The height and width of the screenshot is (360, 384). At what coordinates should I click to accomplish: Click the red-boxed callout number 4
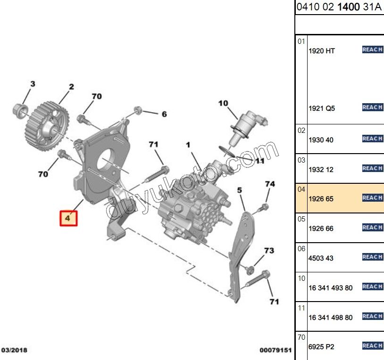tap(67, 219)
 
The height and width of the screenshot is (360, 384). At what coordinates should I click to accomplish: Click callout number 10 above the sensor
tap(223, 103)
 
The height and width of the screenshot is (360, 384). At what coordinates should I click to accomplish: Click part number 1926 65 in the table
tap(321, 199)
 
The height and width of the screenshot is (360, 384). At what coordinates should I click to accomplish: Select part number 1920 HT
tap(321, 51)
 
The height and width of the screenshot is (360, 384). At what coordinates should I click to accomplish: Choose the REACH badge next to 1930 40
tap(372, 139)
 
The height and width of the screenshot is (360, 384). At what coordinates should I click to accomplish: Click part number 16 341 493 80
tap(330, 288)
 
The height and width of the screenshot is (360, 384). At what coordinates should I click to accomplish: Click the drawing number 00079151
tap(275, 350)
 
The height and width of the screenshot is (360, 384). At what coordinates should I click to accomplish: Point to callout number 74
tap(269, 184)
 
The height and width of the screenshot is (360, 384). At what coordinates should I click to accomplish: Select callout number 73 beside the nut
tap(268, 250)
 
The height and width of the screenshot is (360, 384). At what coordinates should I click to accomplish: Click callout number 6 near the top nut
tap(164, 114)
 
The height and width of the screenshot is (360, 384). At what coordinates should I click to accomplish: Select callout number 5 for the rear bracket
tap(239, 190)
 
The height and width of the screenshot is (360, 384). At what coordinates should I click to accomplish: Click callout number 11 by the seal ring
tap(260, 161)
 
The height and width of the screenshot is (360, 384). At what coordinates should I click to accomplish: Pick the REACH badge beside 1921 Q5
tap(372, 107)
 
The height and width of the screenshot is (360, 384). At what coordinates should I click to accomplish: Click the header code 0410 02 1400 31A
tap(339, 8)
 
